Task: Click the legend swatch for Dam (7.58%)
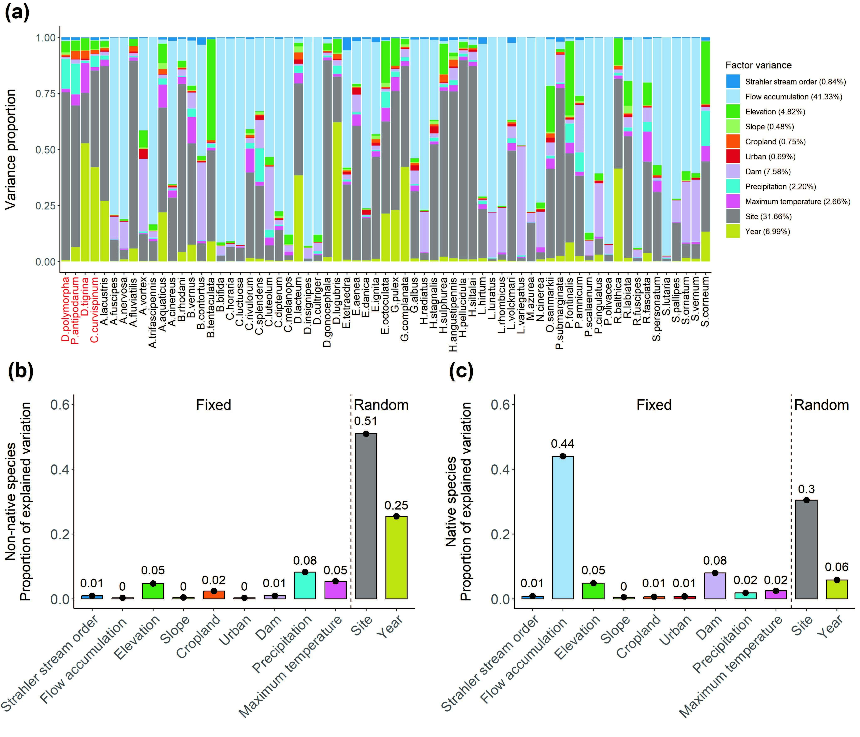pyautogui.click(x=732, y=171)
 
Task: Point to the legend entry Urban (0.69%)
pyautogui.click(x=770, y=156)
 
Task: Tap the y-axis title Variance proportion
pyautogui.click(x=11, y=149)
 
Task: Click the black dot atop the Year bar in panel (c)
pyautogui.click(x=837, y=580)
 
